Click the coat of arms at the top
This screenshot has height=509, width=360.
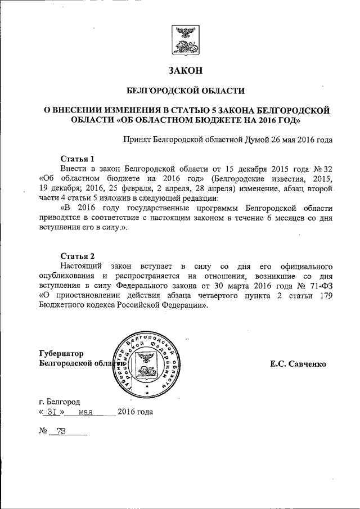[183, 40]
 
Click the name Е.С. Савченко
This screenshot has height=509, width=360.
[298, 364]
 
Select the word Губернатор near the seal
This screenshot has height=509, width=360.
[61, 354]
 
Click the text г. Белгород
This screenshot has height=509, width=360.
[59, 402]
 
